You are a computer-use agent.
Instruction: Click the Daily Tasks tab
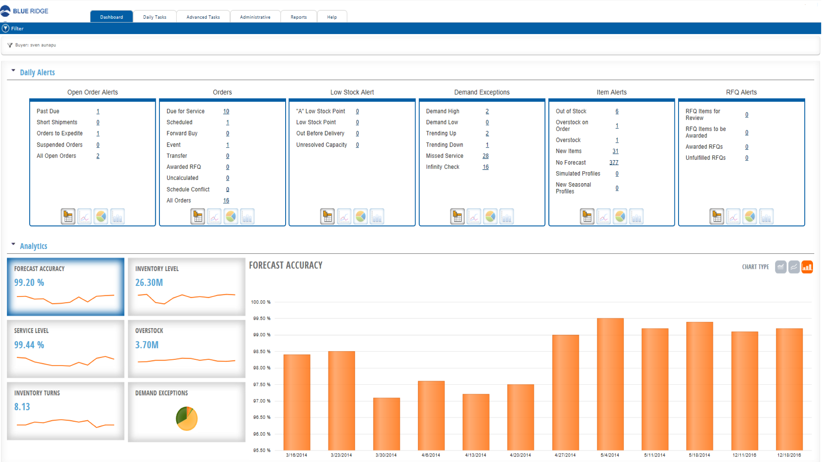click(155, 17)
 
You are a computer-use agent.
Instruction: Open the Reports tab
click(298, 17)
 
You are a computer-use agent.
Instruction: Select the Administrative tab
click(255, 17)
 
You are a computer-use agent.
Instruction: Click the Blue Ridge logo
click(25, 11)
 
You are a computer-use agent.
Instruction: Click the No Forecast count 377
click(614, 163)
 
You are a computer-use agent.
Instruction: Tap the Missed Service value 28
click(485, 156)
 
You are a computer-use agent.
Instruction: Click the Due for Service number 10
click(226, 111)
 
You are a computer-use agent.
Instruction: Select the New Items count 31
click(615, 151)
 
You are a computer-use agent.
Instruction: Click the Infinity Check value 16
click(485, 167)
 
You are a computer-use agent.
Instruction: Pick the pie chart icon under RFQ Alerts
click(750, 216)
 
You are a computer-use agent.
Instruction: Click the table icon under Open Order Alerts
click(68, 216)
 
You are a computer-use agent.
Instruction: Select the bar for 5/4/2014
click(610, 384)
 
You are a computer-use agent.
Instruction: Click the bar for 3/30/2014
click(386, 424)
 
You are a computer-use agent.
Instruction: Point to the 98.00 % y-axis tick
click(262, 368)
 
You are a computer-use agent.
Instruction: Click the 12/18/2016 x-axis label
click(789, 455)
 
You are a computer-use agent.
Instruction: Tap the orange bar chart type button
click(807, 267)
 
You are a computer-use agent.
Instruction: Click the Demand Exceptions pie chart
click(187, 418)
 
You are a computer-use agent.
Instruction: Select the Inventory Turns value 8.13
click(22, 407)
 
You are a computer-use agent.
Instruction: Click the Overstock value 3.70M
click(147, 345)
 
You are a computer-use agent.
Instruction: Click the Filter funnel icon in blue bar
click(5, 28)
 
